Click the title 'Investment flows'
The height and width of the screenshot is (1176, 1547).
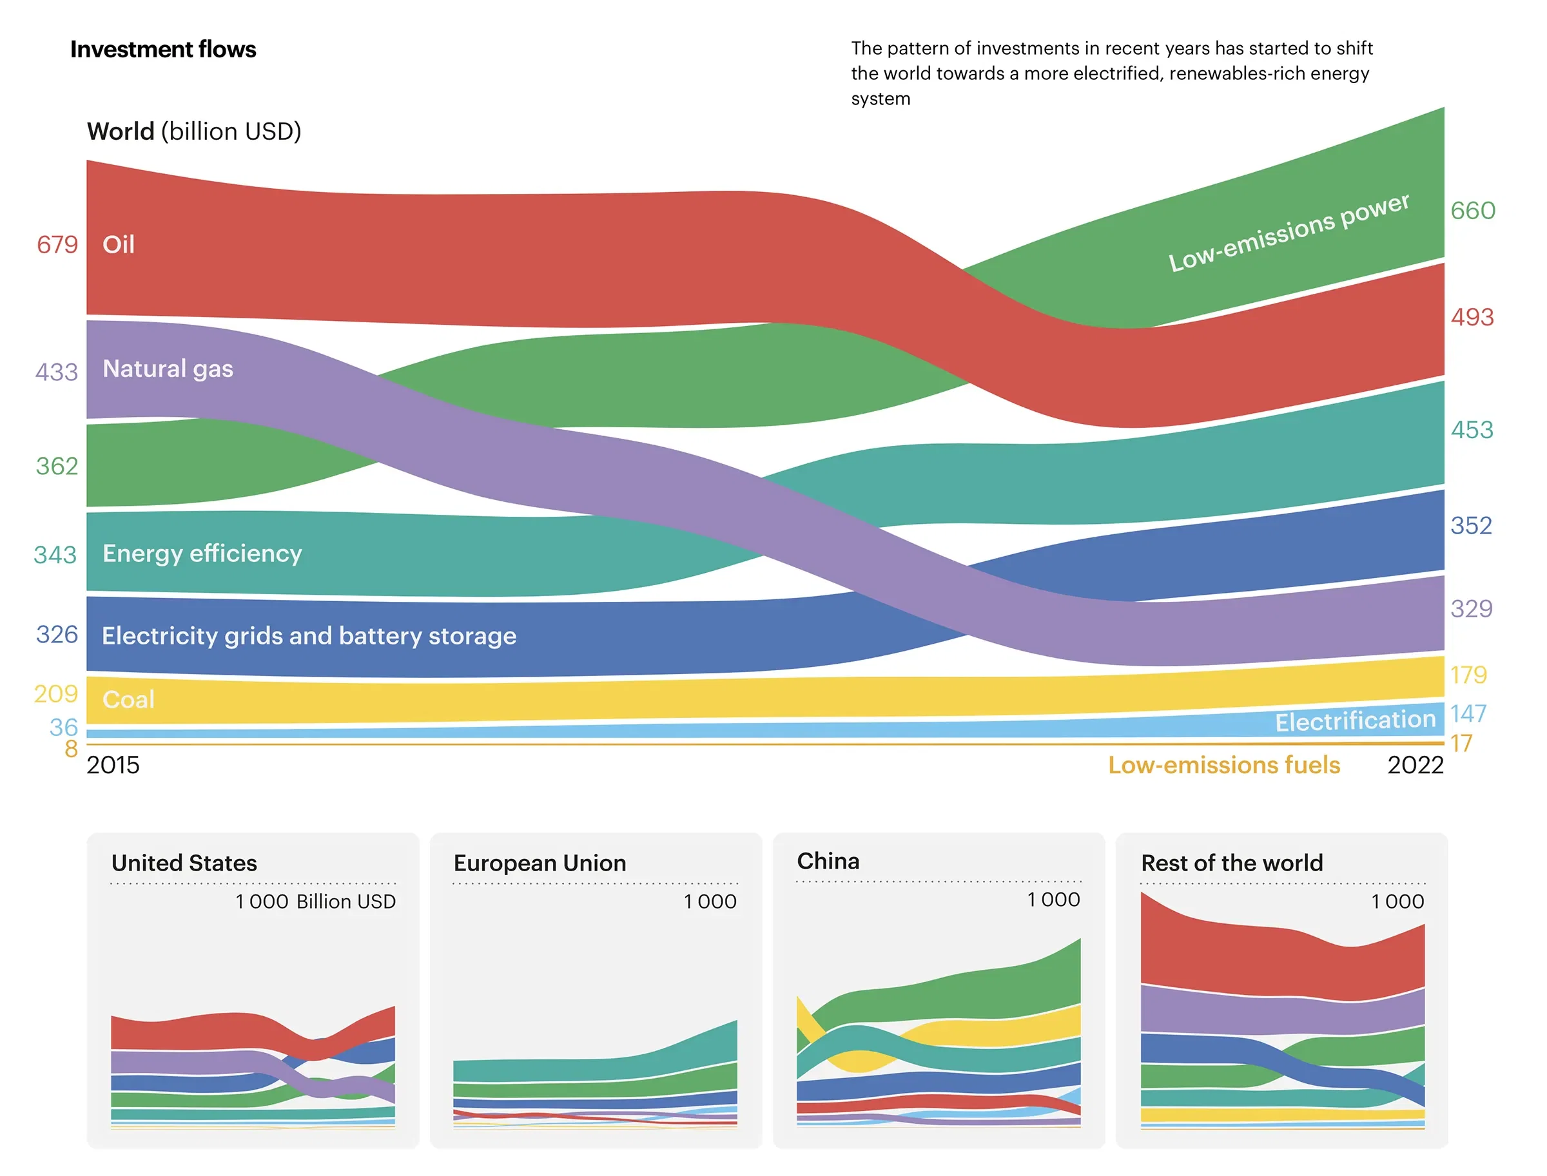162,50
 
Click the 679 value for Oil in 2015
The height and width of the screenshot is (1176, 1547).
57,244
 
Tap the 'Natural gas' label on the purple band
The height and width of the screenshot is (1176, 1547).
168,368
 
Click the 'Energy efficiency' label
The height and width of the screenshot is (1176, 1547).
202,553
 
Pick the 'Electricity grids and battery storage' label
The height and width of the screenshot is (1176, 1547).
309,635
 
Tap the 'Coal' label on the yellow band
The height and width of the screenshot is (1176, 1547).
128,699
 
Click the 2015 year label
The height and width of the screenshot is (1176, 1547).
113,764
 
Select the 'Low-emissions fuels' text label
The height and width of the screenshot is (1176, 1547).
1223,764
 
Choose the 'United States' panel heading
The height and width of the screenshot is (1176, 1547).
184,862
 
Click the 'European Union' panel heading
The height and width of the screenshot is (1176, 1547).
540,862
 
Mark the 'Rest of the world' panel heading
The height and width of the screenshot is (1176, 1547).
1231,862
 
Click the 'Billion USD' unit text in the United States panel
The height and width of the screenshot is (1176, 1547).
345,901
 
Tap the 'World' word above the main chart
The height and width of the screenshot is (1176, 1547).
121,131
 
